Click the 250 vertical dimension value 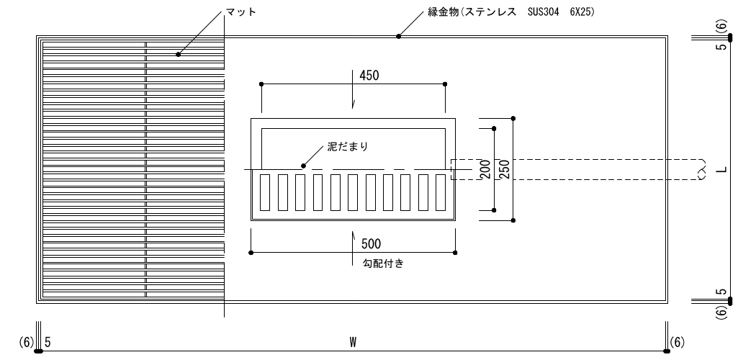(x=504, y=169)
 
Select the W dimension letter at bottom (x=353, y=342)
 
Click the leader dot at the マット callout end (x=178, y=54)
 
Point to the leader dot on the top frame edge (x=398, y=36)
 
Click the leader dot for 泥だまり (x=303, y=166)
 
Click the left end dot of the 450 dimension (x=261, y=84)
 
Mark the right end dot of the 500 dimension (x=455, y=252)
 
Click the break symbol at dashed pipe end (x=703, y=169)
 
